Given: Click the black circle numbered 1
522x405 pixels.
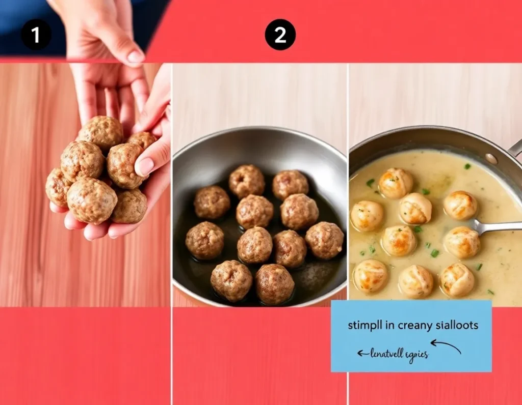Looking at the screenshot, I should point(36,35).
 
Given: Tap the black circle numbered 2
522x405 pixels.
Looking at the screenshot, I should point(280,35).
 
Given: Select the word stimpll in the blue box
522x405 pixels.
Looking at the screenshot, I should point(364,325).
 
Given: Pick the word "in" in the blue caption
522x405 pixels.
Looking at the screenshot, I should point(389,325).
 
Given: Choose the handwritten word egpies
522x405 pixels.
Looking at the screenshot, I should point(417,355).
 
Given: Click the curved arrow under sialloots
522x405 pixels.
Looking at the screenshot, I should point(447,346).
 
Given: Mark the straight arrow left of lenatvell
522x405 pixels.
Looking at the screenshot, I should point(362,353).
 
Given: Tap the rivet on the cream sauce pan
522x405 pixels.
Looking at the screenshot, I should point(492,158).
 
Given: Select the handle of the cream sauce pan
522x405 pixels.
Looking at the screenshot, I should point(516,148).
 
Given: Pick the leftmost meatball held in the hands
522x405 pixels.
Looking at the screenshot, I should point(58,187).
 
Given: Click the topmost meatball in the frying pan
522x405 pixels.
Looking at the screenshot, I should point(246,181).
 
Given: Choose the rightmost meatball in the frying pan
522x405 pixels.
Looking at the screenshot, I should point(325,240).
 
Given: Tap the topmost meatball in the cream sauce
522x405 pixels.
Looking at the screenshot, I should point(396,183).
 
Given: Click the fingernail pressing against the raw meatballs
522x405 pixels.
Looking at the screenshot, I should point(145,166).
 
